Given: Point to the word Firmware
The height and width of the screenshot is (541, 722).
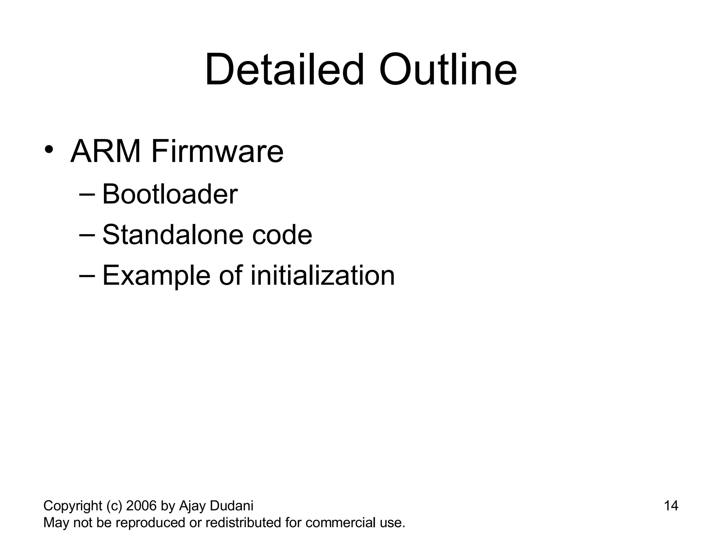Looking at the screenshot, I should tap(217, 152).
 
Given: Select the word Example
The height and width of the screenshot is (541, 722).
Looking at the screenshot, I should tap(156, 276).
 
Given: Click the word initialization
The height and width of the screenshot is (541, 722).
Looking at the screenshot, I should tap(323, 275).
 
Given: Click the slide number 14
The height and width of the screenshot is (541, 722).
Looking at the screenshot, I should tap(671, 506).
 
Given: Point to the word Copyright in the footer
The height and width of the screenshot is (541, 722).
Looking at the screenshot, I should tap(73, 506).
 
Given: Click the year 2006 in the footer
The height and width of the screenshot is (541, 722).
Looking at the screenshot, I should tap(141, 506).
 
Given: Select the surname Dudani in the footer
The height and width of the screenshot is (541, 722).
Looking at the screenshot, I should tap(231, 506).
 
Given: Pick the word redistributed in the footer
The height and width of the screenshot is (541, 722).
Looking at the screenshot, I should tap(243, 523).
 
